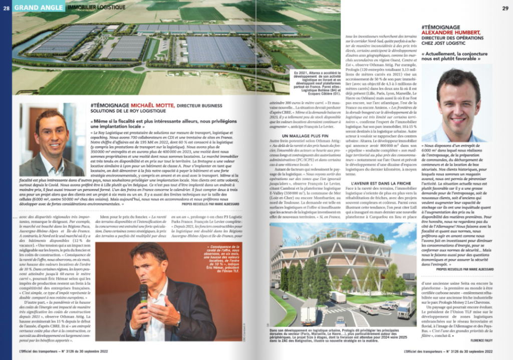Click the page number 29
(x=505, y=8)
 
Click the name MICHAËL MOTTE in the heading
(x=149, y=105)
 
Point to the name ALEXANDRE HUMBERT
(x=451, y=33)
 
